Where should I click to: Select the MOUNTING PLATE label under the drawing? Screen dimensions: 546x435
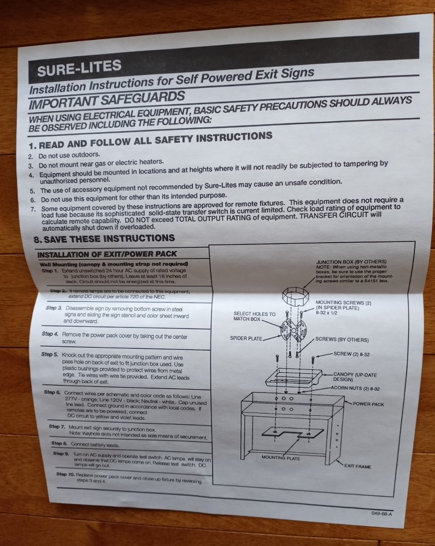[281, 458]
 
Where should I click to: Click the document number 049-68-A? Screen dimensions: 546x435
[379, 513]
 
